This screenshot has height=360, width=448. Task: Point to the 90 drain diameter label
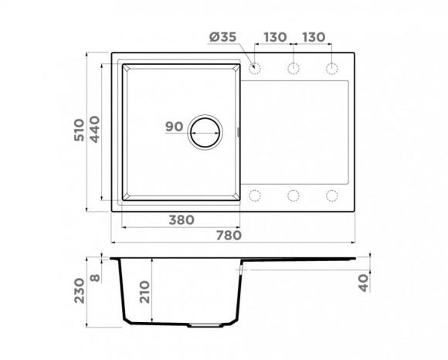tap(173, 127)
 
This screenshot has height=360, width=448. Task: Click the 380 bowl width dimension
tap(180, 219)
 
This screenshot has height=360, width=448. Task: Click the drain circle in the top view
tap(207, 132)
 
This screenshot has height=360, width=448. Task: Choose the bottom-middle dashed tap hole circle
tap(294, 195)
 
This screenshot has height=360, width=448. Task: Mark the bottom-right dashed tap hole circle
tap(332, 195)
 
